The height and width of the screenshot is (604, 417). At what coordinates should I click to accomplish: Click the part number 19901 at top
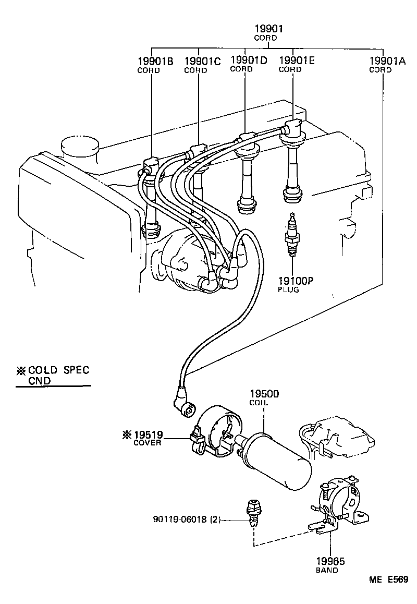tap(265, 29)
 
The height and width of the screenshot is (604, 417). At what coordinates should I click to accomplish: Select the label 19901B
tap(155, 61)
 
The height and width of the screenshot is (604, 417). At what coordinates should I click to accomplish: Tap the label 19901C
tap(202, 61)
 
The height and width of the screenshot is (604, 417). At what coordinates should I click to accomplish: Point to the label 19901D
tap(248, 60)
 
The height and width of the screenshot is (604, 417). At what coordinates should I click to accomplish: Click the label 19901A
tap(387, 61)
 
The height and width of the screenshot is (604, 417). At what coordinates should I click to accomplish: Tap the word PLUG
tap(288, 289)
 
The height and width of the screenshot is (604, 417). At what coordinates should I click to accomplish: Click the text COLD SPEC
tap(58, 370)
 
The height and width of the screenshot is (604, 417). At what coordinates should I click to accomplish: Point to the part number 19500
tap(264, 394)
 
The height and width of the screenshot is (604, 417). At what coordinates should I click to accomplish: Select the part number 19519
tap(148, 434)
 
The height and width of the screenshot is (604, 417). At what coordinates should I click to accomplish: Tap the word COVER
tap(148, 443)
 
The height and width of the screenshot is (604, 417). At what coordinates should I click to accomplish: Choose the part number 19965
tap(330, 561)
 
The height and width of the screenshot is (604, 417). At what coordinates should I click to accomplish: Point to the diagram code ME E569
tap(389, 579)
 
